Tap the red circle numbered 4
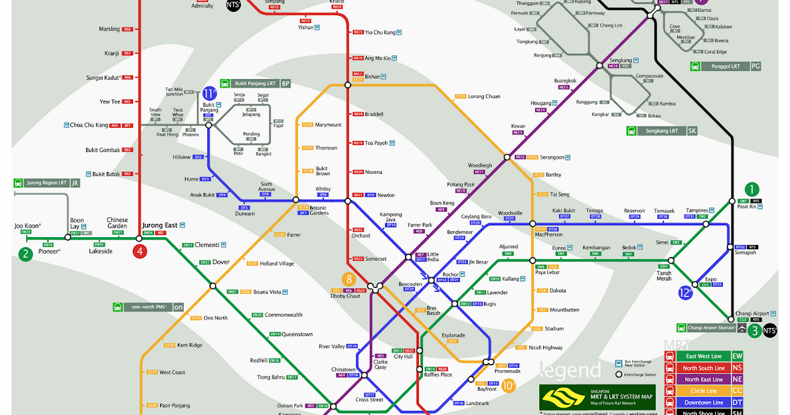pyautogui.click(x=139, y=251)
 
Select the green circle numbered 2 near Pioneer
pyautogui.click(x=25, y=254)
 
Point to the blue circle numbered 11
pyautogui.click(x=210, y=94)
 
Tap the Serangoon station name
pyautogui.click(x=552, y=157)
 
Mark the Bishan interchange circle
pyautogui.click(x=348, y=84)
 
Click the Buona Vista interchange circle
pyautogui.click(x=213, y=285)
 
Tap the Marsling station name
pyautogui.click(x=109, y=29)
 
